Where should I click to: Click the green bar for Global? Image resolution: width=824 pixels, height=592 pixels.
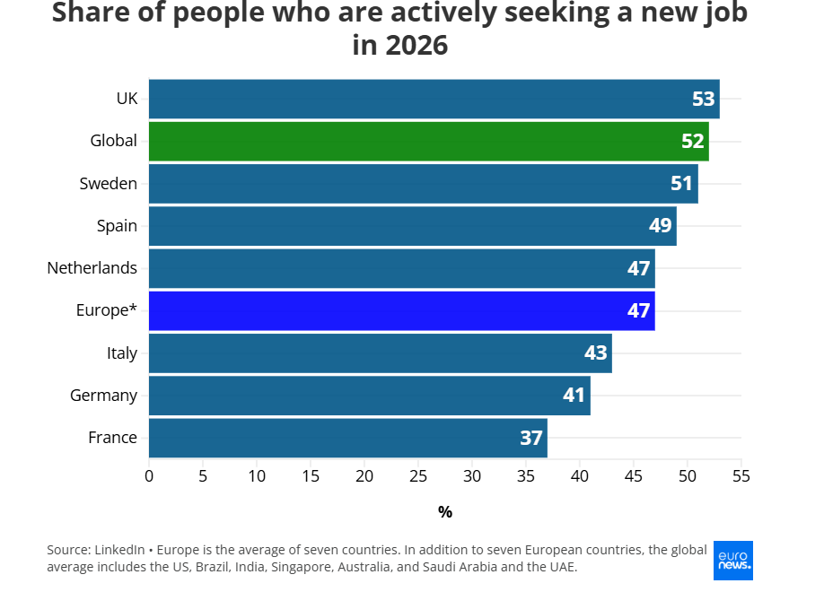pyautogui.click(x=428, y=141)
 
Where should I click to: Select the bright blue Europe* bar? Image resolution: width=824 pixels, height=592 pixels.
pyautogui.click(x=401, y=311)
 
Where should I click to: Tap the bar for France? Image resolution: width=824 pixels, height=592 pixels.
pyautogui.click(x=347, y=438)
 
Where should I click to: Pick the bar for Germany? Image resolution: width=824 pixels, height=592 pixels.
pyautogui.click(x=369, y=396)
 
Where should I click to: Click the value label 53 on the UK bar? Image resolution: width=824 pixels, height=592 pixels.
pyautogui.click(x=703, y=99)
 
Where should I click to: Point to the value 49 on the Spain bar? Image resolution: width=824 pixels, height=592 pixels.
pyautogui.click(x=660, y=225)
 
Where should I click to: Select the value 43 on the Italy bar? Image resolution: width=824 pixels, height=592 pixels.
pyautogui.click(x=595, y=353)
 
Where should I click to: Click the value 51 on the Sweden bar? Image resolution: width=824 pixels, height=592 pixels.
pyautogui.click(x=681, y=183)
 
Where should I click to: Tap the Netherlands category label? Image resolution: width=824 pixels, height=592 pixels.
pyautogui.click(x=92, y=267)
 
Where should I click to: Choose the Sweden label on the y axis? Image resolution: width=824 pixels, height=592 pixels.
pyautogui.click(x=109, y=183)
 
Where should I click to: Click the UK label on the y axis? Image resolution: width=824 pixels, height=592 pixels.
pyautogui.click(x=127, y=99)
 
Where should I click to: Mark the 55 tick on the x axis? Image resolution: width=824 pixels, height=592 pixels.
pyautogui.click(x=741, y=475)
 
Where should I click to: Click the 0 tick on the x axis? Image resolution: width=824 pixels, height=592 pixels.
pyautogui.click(x=149, y=475)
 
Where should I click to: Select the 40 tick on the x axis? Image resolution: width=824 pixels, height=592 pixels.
pyautogui.click(x=580, y=475)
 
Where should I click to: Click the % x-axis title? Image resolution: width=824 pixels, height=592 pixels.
pyautogui.click(x=445, y=512)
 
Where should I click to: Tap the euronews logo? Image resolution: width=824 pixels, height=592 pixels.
pyautogui.click(x=733, y=561)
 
